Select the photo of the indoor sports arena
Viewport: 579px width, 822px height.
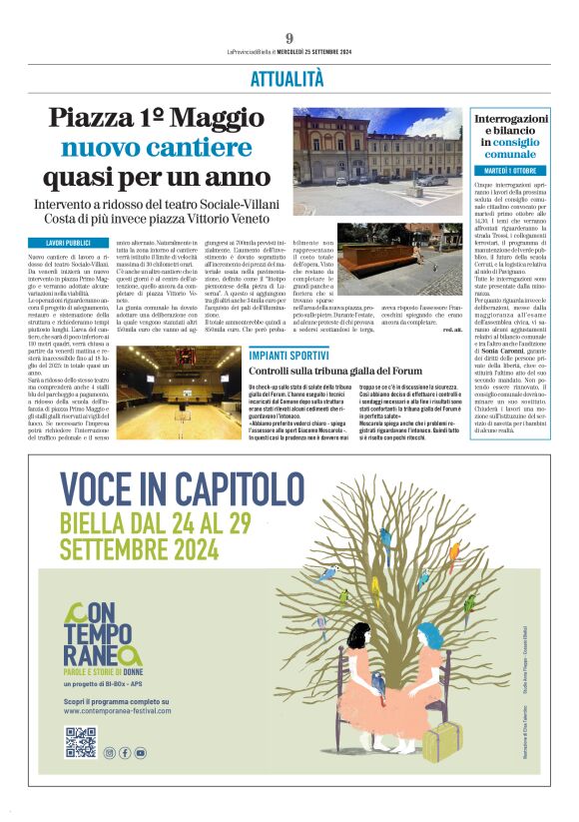click(x=179, y=392)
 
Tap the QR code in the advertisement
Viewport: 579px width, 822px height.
click(x=80, y=742)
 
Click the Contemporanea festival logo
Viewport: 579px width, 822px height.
click(x=104, y=635)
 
